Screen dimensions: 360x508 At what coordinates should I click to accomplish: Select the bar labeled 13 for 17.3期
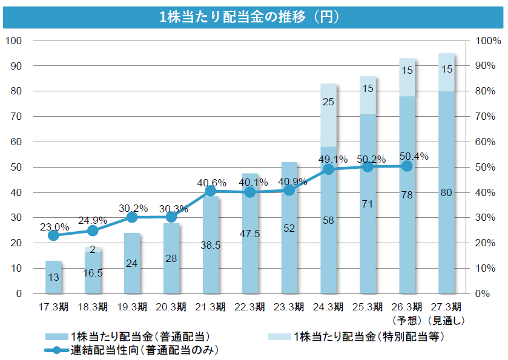coord(53,277)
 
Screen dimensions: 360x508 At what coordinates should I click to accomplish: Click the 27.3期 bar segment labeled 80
coord(446,192)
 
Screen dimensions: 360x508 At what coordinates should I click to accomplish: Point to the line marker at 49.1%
coord(328,169)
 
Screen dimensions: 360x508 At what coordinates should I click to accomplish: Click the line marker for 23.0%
coord(53,235)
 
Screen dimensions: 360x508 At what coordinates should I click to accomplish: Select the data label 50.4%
coord(414,156)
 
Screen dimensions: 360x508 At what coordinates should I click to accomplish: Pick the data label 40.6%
coord(211,182)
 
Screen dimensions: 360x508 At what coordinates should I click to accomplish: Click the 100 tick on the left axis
coord(13,41)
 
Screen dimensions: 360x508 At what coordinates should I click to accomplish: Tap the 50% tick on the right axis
coord(488,167)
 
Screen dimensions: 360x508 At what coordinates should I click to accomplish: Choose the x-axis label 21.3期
coord(211,306)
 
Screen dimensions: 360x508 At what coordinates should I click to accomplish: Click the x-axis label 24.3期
coord(328,306)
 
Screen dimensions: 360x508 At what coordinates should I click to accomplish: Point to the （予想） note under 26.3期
coord(406,319)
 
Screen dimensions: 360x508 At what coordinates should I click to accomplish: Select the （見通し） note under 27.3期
coord(446,319)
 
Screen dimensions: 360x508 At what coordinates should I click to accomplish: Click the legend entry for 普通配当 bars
coord(127,336)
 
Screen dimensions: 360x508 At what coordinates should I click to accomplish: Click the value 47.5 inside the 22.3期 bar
coord(250,233)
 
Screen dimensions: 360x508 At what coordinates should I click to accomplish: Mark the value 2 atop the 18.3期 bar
coord(93,249)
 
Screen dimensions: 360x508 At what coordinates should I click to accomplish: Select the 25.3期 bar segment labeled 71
coord(368,204)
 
